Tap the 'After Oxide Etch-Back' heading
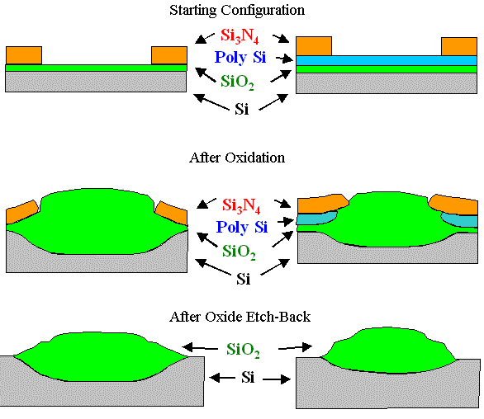(241, 317)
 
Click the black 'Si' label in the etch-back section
(244, 377)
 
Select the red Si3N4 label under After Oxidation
(243, 205)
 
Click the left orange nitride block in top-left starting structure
(23, 55)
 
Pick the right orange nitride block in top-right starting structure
(458, 46)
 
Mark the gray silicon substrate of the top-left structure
(95, 82)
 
